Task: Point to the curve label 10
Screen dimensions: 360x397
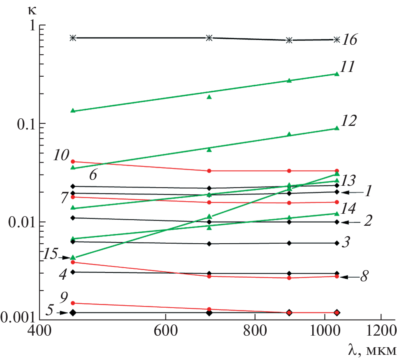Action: [x=61, y=155]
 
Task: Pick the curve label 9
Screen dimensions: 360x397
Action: [x=64, y=296]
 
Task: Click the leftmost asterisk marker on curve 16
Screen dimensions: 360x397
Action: [x=73, y=38]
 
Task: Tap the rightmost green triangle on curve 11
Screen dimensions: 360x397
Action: [x=337, y=74]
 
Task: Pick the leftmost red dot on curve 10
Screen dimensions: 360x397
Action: [x=73, y=161]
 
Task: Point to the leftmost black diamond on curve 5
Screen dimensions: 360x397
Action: [x=73, y=312]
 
